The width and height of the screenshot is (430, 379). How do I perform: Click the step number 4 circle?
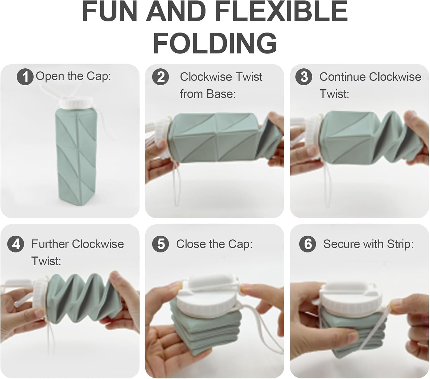[x=16, y=244]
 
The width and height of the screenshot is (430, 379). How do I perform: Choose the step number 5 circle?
[x=161, y=244]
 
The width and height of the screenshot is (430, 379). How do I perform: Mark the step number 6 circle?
[x=307, y=244]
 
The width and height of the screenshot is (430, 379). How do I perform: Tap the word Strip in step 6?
[x=399, y=244]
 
